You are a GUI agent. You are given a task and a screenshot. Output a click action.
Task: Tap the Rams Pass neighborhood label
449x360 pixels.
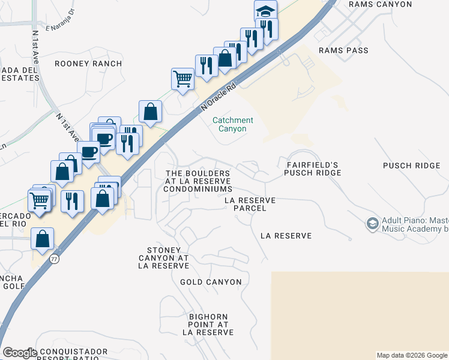(x=343, y=50)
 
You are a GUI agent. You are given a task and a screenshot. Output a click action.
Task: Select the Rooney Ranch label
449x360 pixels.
(x=88, y=63)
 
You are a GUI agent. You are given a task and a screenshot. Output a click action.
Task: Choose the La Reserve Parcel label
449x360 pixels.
(x=250, y=204)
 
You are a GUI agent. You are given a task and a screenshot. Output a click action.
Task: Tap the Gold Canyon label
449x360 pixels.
(x=211, y=281)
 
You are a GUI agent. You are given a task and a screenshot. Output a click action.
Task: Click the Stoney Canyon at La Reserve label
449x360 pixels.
(x=168, y=257)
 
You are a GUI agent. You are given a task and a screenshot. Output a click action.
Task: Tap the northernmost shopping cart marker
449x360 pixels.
(x=182, y=77)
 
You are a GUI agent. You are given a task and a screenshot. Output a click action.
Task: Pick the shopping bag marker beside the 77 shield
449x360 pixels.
(x=42, y=239)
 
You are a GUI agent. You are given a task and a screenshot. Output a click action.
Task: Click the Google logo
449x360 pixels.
(x=19, y=353)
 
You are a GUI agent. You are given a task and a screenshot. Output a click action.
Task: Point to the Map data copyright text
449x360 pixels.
(x=412, y=355)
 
